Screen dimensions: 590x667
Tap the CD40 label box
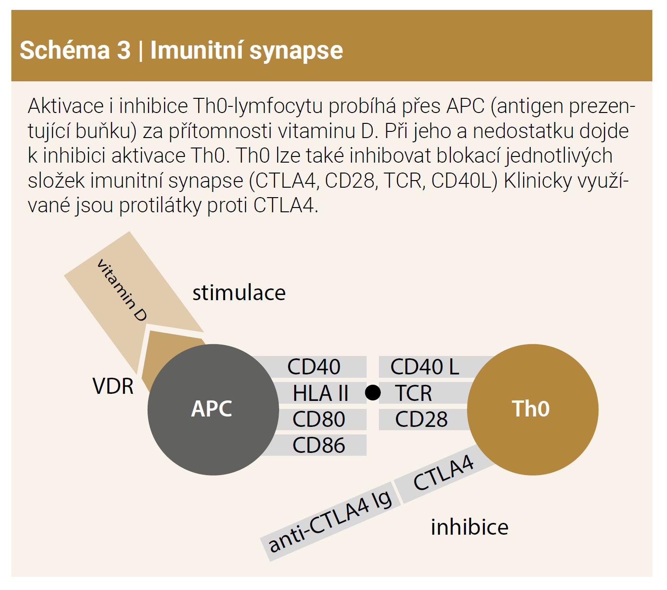click(x=314, y=367)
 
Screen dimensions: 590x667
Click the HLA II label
click(x=320, y=393)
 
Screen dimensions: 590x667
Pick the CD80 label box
click(x=319, y=419)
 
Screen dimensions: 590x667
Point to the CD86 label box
click(x=319, y=445)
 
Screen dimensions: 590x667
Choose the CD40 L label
click(x=424, y=367)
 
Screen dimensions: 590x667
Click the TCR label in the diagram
click(x=413, y=393)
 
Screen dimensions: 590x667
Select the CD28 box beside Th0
click(x=421, y=419)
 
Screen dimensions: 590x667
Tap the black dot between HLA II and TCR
click(x=373, y=392)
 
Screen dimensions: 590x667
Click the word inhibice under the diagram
click(x=469, y=527)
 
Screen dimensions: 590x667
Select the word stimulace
click(x=239, y=293)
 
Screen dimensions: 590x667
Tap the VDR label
click(x=113, y=387)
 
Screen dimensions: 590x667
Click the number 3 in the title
click(x=123, y=50)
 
